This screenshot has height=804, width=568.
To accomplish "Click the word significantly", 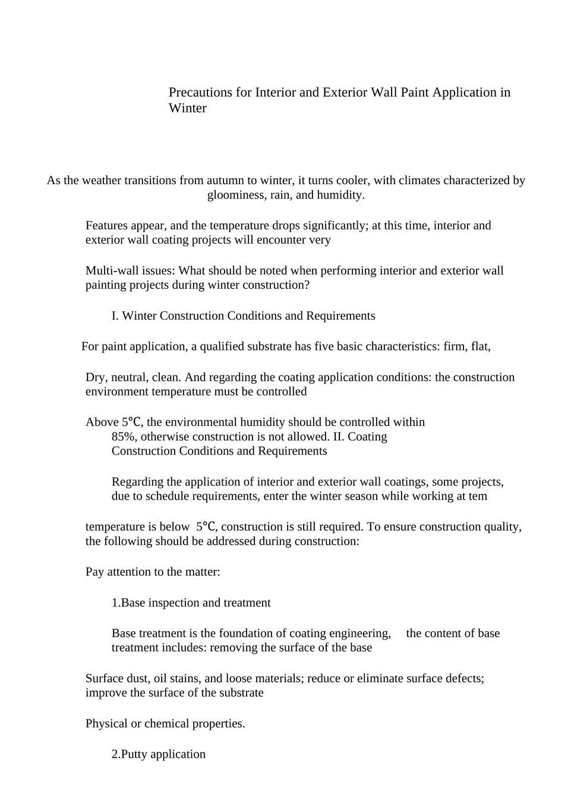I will coord(335,226).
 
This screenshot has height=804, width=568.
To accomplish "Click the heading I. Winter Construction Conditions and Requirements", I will coord(243,316).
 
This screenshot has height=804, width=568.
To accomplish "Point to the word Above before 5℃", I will coord(102,423).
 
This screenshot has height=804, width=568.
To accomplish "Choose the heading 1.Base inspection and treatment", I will coord(191,603).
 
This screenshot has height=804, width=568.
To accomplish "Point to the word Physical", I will coord(107,724).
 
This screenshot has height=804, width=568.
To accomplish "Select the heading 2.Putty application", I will coord(159,754).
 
